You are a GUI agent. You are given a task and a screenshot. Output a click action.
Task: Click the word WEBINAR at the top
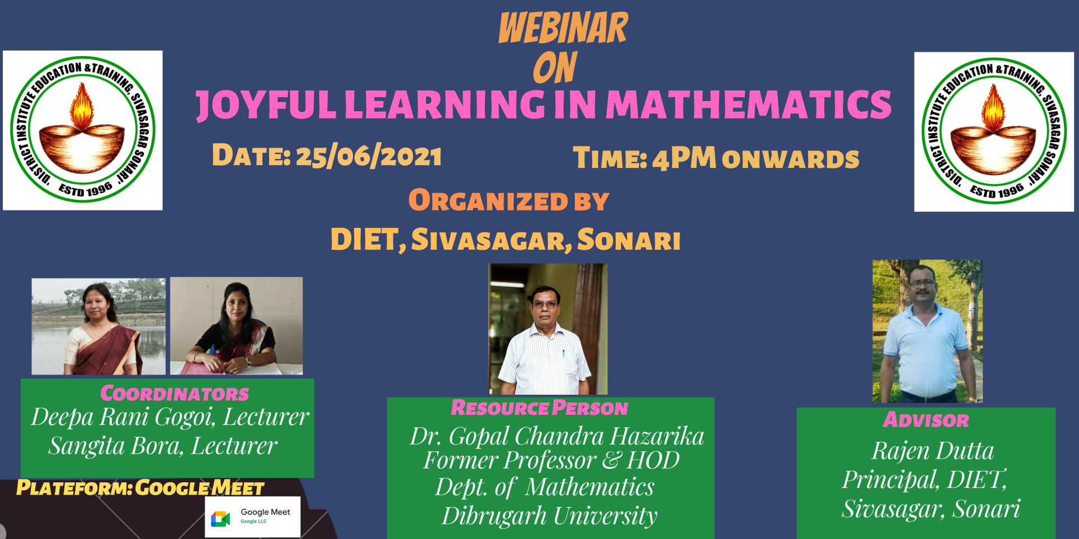tap(563, 28)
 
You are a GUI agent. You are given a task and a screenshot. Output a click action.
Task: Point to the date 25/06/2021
tap(369, 156)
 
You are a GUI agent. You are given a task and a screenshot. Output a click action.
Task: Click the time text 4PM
tap(684, 158)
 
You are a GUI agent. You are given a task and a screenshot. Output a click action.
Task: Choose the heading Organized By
tap(509, 200)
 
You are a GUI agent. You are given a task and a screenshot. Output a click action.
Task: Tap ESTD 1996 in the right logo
tap(996, 190)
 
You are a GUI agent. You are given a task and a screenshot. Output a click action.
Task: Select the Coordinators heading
tap(174, 393)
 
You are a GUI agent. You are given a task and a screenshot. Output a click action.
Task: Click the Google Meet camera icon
tap(220, 519)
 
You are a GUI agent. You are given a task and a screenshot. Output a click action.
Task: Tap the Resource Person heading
tap(539, 408)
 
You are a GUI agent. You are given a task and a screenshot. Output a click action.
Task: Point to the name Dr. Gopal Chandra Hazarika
tap(556, 436)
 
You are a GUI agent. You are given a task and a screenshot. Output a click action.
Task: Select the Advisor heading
tap(926, 419)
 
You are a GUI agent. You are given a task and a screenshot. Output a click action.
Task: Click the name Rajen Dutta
tap(933, 451)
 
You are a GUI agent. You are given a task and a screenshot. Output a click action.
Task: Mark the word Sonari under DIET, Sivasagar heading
tap(629, 240)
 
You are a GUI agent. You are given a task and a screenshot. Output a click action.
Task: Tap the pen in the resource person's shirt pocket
tap(564, 354)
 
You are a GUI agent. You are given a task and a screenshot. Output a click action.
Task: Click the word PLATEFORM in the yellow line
tap(74, 487)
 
